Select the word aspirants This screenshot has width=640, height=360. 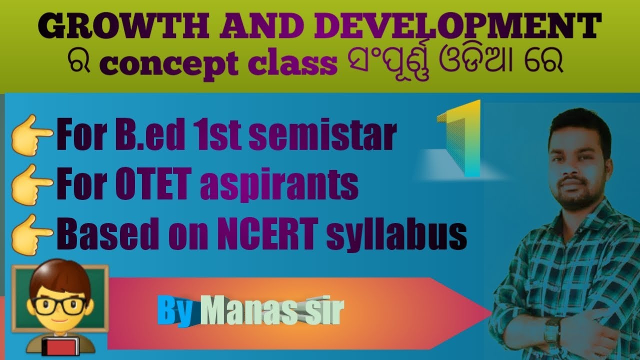click(279, 185)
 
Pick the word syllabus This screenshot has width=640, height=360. click(396, 235)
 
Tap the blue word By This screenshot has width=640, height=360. click(175, 312)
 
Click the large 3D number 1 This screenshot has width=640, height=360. click(462, 138)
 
